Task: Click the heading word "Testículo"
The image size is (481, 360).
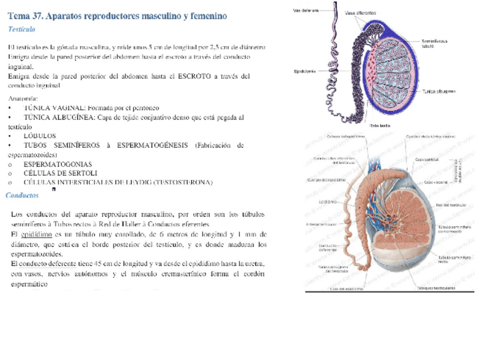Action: [x=22, y=28]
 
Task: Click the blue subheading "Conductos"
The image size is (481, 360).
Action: [x=22, y=195]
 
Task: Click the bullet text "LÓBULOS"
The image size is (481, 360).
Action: [x=39, y=135]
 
